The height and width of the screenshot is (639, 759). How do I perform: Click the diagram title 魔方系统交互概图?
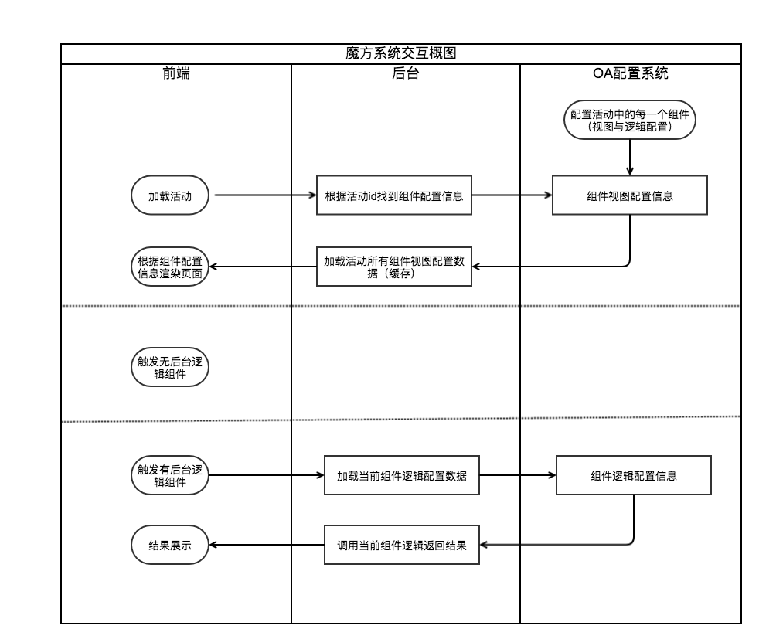[x=401, y=54]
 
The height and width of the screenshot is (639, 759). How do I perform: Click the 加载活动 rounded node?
[x=170, y=195]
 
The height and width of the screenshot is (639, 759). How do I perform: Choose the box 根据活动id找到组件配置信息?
[x=394, y=195]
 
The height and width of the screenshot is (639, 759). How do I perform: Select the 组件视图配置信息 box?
[x=629, y=195]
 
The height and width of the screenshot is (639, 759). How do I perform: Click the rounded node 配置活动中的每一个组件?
[x=631, y=120]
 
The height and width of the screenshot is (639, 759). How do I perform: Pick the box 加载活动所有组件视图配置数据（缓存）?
[x=394, y=267]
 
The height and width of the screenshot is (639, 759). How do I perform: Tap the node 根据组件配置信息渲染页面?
[x=170, y=267]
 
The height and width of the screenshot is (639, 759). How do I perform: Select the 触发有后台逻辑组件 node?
[x=170, y=474]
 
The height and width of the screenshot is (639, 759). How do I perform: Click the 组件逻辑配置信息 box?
[x=634, y=475]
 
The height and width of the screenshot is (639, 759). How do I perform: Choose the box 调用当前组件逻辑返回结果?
[x=402, y=545]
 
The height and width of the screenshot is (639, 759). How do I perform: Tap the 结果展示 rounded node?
[x=170, y=545]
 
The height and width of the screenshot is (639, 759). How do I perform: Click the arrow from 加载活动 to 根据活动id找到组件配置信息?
[x=263, y=195]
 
